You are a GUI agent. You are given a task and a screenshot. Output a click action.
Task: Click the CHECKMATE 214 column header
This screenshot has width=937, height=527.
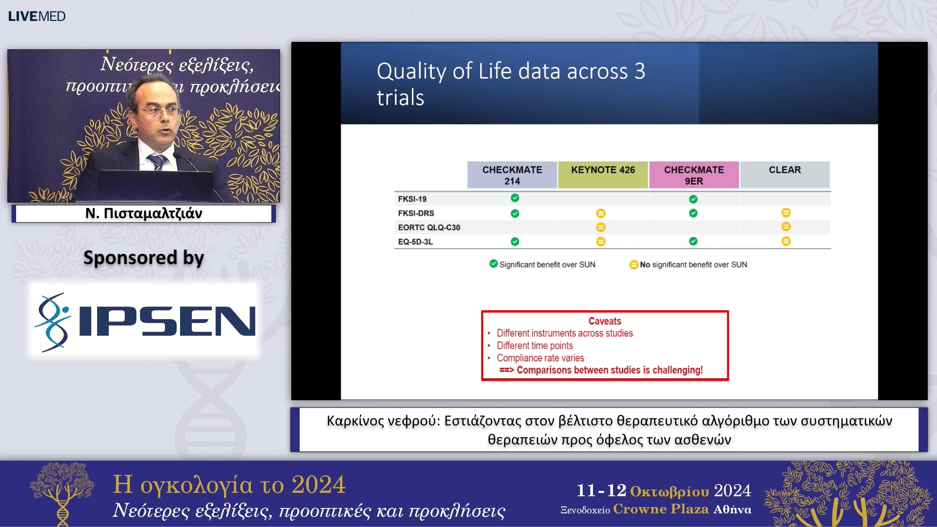[512, 175]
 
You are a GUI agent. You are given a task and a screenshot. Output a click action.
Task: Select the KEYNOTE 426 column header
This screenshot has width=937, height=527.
[603, 175]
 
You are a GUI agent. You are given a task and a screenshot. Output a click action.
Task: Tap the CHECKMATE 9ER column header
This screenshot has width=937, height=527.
[693, 175]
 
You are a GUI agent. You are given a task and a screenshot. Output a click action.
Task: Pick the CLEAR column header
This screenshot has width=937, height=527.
[785, 175]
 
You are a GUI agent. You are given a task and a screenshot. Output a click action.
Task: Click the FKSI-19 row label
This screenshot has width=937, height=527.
[412, 199]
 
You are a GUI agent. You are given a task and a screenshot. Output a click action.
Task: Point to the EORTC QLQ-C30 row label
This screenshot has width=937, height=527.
[429, 227]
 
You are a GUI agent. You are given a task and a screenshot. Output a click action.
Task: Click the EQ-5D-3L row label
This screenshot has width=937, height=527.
[415, 242]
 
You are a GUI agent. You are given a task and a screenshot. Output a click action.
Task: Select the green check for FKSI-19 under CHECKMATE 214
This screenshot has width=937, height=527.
[515, 198]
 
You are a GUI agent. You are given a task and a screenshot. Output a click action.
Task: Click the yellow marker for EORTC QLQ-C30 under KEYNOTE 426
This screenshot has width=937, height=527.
[601, 227]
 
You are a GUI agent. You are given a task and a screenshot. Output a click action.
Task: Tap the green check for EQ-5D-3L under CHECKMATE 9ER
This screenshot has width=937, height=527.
[693, 242]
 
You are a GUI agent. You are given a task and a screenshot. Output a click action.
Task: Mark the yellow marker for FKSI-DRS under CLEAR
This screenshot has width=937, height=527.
[786, 213]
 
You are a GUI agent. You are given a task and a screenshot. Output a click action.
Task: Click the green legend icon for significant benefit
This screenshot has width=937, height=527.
[493, 264]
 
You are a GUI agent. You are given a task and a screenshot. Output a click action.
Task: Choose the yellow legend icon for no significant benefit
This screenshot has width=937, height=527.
[633, 264]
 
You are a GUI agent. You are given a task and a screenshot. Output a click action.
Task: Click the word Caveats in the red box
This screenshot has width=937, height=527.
[605, 321]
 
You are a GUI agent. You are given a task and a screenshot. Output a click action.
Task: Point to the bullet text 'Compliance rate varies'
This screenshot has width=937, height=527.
[540, 358]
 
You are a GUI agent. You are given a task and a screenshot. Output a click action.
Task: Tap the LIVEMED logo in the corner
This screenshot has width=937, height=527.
[37, 16]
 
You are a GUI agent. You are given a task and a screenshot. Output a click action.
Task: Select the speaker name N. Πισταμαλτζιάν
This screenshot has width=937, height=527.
[143, 213]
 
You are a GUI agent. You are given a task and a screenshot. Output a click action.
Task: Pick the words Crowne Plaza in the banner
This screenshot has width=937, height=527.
[661, 509]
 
